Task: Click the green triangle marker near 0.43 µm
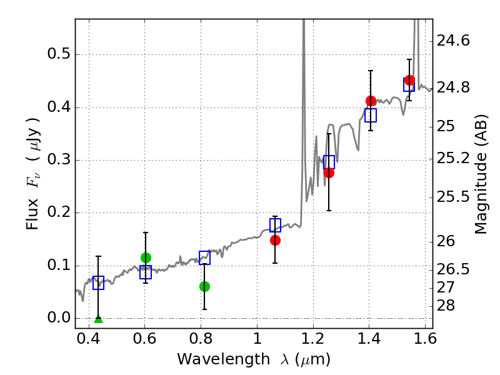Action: [x=98, y=319]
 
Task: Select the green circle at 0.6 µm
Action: [x=146, y=257]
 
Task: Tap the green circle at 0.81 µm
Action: [x=204, y=286]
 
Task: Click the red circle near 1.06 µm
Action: [x=275, y=240]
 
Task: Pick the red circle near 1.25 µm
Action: [x=329, y=172]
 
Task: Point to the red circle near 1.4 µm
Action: [x=371, y=101]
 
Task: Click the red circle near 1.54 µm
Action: [x=409, y=80]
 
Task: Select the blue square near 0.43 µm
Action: [x=98, y=282]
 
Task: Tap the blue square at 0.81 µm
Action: [x=204, y=257]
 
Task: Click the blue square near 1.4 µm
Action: [x=371, y=115]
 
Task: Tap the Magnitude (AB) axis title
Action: [x=481, y=174]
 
